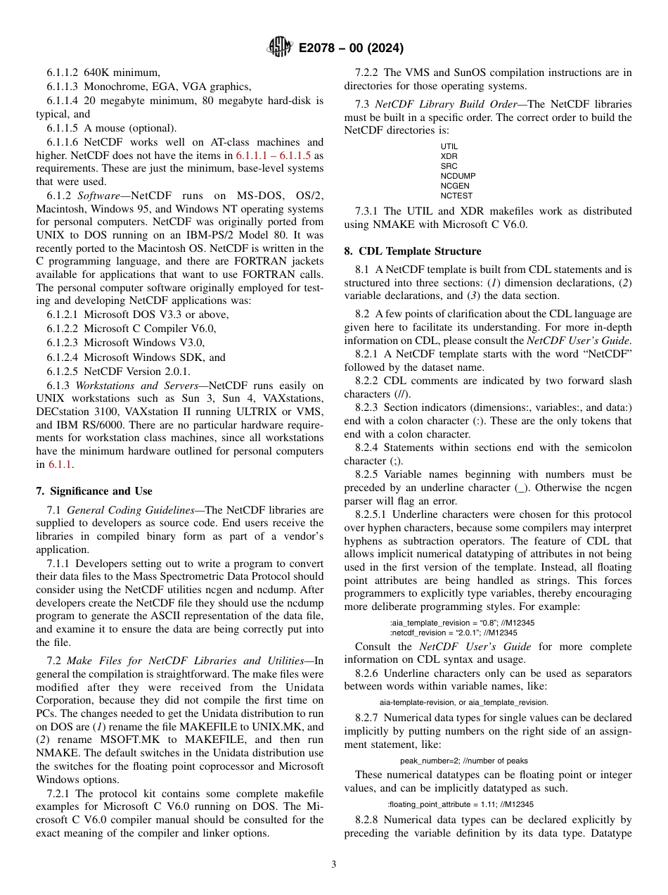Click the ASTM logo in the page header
279,48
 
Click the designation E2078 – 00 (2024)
350,49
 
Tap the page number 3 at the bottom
334,864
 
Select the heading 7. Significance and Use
94,491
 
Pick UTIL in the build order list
449,146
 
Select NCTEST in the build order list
456,196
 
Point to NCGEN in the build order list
455,186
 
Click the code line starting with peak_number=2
463,761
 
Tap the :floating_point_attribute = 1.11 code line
461,804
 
